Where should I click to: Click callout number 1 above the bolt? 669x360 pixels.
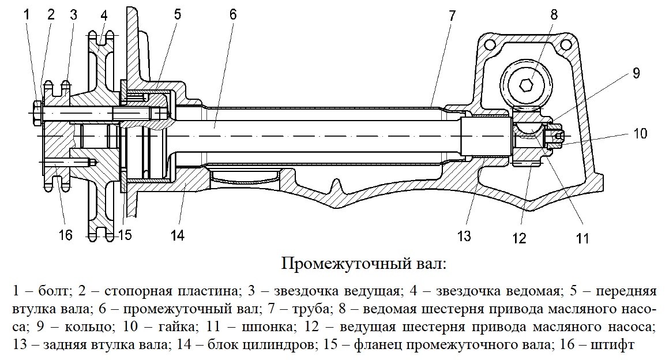tap(27, 15)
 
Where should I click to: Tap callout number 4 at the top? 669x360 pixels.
tap(104, 16)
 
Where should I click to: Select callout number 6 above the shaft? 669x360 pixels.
tap(232, 14)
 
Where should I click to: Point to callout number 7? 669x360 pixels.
tap(452, 16)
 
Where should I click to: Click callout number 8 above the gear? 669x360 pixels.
tap(554, 14)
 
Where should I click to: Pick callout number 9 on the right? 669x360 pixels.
tap(636, 73)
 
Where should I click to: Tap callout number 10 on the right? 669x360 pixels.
tap(640, 133)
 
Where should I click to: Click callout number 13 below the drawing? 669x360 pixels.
tap(464, 236)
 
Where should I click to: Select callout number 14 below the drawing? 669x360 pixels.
tap(177, 235)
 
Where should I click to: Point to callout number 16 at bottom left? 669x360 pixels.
tap(65, 235)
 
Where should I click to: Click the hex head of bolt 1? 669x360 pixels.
tap(37, 112)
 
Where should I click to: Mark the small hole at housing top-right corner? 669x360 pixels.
tap(566, 44)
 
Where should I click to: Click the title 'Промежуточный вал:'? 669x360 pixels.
tap(363, 264)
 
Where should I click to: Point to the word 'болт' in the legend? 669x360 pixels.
tap(53, 291)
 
